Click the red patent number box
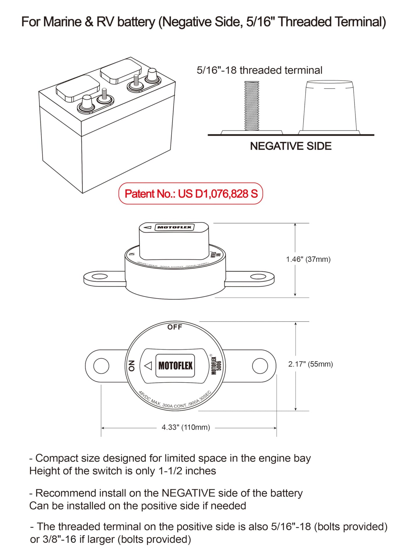(191, 194)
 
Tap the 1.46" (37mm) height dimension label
(308, 259)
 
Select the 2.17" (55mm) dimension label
(310, 364)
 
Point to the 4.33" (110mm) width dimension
(186, 427)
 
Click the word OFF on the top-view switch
(175, 327)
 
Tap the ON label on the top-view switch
(132, 366)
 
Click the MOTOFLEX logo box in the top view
(175, 366)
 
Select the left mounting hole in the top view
(101, 366)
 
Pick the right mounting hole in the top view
(260, 366)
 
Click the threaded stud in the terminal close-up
(251, 106)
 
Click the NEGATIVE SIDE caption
(291, 146)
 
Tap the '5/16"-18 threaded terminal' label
(259, 70)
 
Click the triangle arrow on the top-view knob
(148, 366)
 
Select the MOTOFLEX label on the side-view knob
(174, 227)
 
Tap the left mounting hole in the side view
(99, 276)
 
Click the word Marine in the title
(62, 22)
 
